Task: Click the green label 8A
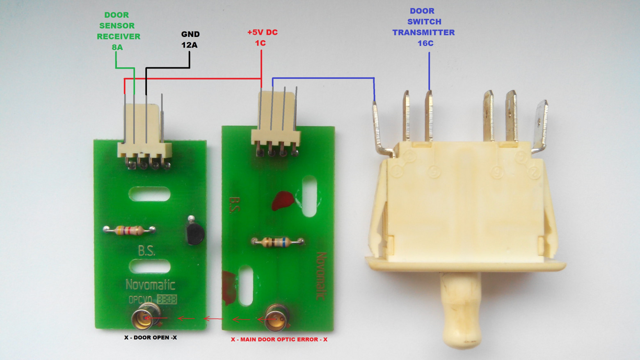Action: coord(117,47)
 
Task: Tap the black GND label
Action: coord(190,34)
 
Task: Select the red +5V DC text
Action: coord(262,32)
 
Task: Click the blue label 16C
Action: coord(425,43)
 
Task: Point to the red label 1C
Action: coord(260,43)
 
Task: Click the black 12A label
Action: coord(190,45)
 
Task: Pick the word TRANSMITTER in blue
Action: coord(423,32)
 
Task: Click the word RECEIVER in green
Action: coord(119,37)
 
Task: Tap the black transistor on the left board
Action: coord(194,232)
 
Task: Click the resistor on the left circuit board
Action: coord(129,230)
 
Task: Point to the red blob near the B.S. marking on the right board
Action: coord(283,200)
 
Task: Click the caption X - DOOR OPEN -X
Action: coord(151,337)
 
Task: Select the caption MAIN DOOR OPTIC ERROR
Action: coord(279,339)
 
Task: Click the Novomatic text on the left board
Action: coord(150,284)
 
